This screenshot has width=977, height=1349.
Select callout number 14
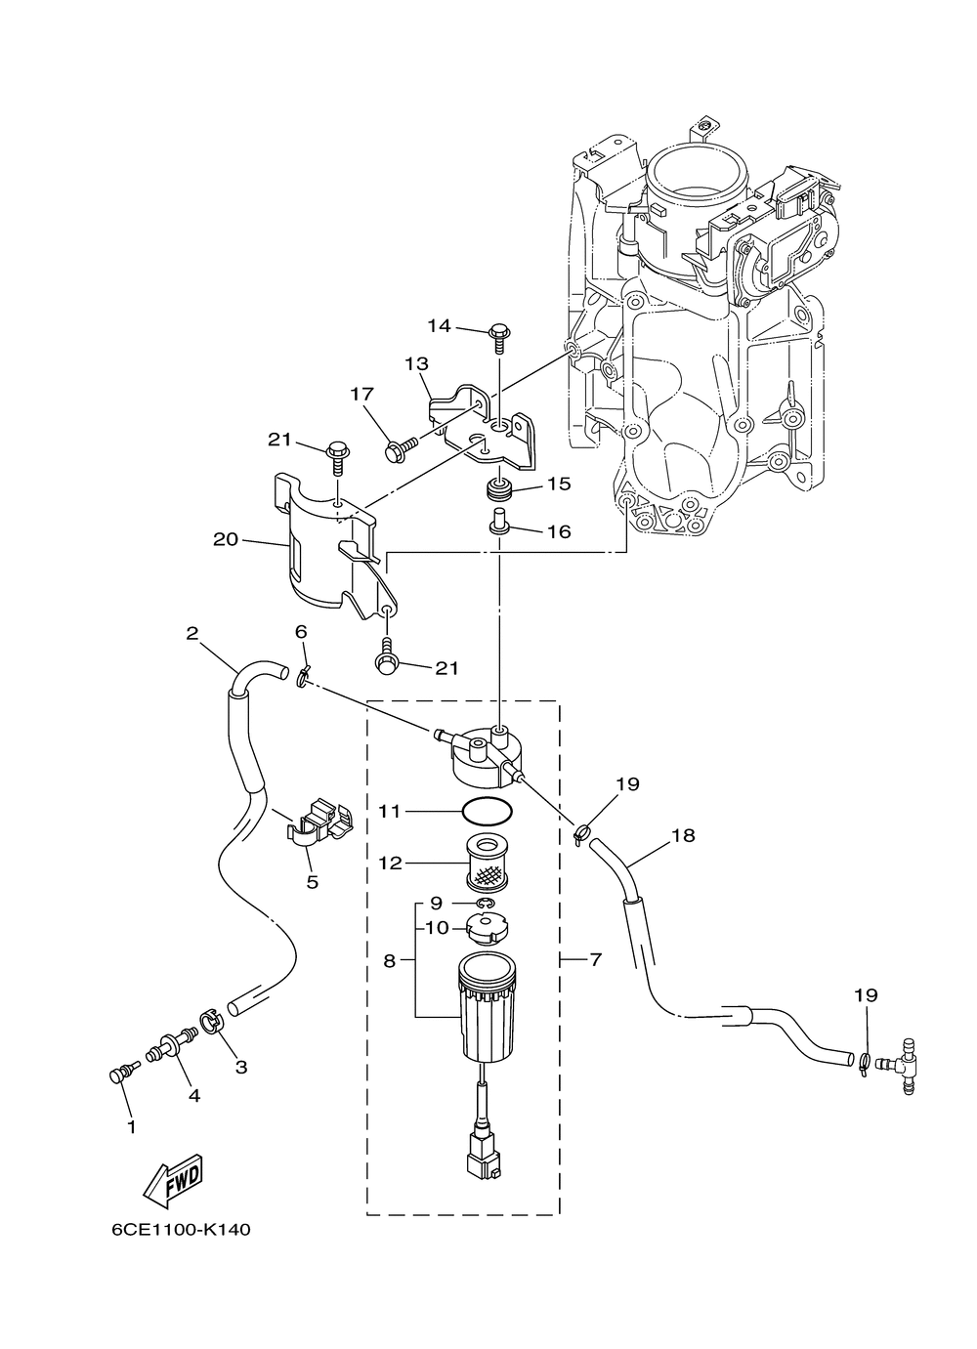(439, 326)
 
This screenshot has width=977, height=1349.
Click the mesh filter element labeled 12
(488, 866)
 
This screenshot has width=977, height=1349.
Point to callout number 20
(226, 539)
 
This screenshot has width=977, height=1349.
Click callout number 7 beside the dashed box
(595, 959)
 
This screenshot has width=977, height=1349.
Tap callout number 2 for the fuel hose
(192, 633)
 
